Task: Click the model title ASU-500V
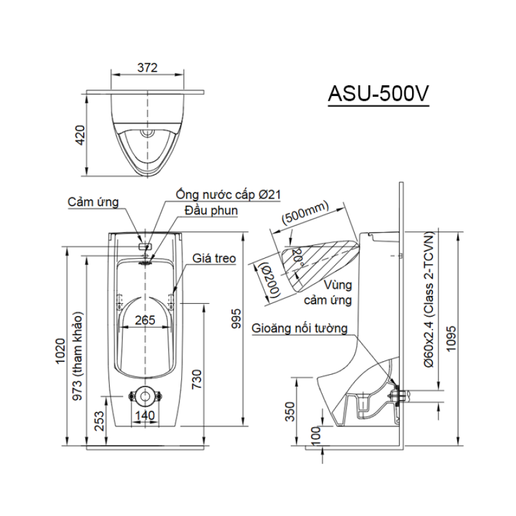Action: pos(379,94)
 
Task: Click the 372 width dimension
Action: pos(148,68)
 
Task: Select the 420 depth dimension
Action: pos(80,135)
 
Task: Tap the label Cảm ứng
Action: pos(93,202)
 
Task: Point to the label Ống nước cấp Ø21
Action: pos(228,195)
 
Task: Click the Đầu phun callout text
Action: pos(212,210)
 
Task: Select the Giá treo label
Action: pos(214,259)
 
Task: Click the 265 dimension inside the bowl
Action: pos(145,320)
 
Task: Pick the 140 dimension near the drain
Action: pos(145,415)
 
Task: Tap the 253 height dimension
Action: pos(99,421)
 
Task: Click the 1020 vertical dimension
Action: pos(61,351)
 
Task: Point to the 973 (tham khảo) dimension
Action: pos(78,357)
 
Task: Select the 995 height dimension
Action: pos(236,319)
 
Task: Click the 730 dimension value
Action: pos(197,379)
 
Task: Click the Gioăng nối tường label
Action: pos(299,328)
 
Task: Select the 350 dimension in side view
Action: pos(290,412)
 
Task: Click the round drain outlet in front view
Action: pos(145,396)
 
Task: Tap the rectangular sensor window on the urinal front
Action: pos(146,246)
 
